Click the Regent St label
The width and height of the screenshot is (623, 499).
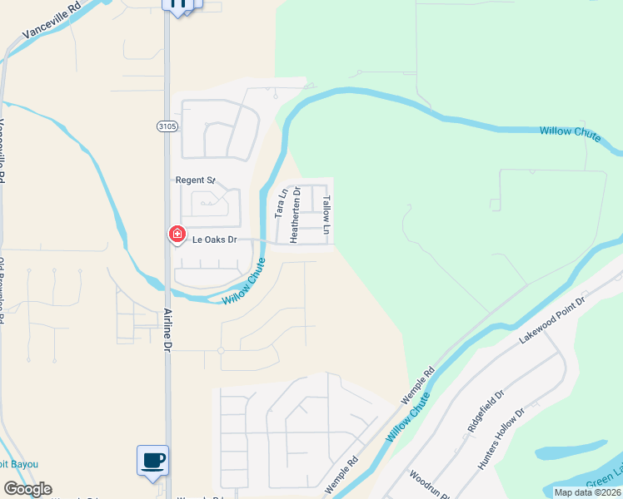[x=195, y=180]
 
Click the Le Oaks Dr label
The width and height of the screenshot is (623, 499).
[x=215, y=240]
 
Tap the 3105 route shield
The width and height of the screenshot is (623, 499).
[x=167, y=126]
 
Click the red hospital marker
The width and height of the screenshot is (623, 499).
[x=177, y=235]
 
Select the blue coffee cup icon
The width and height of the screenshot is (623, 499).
[x=152, y=460]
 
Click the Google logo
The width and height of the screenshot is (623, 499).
[x=27, y=489]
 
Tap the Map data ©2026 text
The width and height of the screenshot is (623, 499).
[x=588, y=492]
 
